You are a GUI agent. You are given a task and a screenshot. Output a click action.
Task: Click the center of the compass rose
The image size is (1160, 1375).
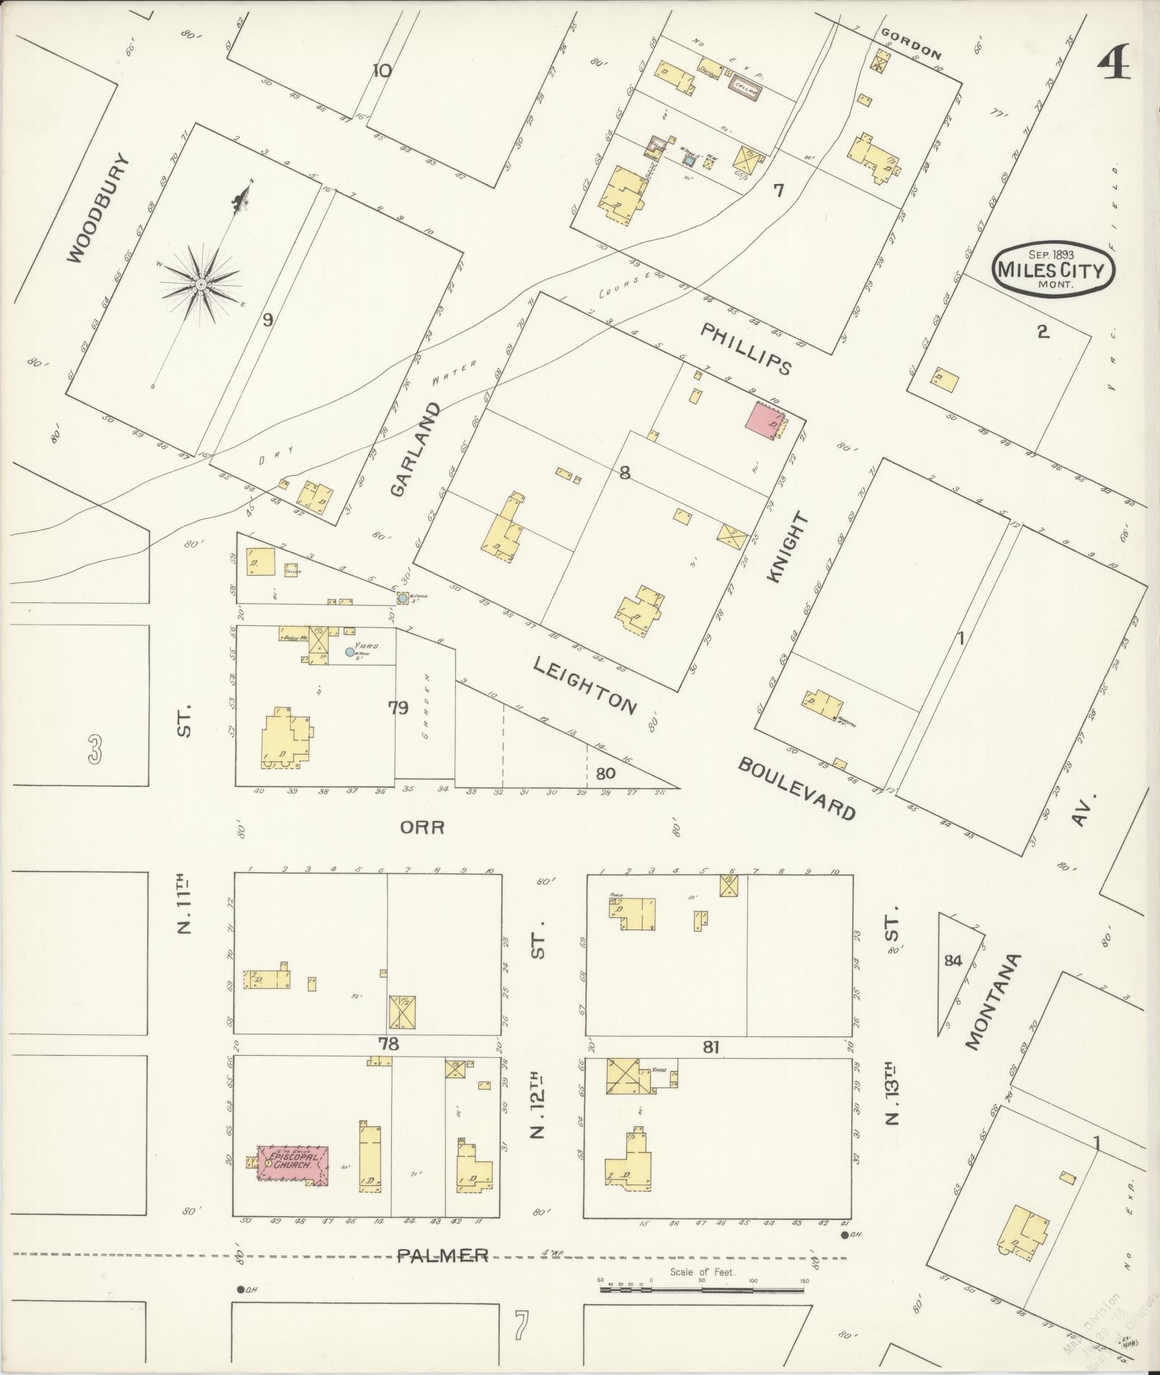pos(201,285)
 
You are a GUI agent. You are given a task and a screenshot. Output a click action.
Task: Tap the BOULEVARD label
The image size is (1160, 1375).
pos(797,788)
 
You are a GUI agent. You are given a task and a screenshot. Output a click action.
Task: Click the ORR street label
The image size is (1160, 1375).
pos(422,827)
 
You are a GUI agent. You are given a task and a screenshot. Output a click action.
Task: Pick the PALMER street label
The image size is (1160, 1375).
pos(442,1256)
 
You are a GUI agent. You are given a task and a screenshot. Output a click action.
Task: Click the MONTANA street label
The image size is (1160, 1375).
pos(992,1001)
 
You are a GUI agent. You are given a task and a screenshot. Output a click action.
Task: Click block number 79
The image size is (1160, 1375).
pos(398,708)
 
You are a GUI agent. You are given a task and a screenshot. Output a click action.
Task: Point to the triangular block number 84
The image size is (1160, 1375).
pos(952,960)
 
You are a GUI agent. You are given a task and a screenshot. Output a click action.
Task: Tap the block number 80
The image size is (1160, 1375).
pos(606,773)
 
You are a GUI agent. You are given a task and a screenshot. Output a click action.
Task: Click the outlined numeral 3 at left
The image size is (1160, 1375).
pos(94,749)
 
